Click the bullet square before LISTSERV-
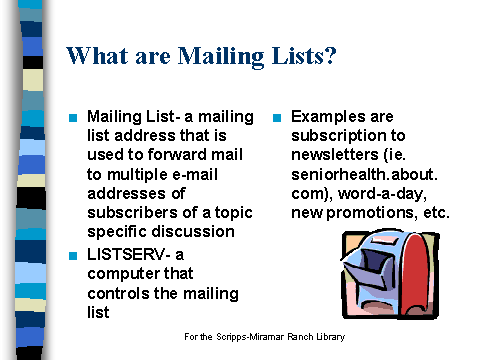(x=73, y=255)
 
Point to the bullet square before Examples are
(x=277, y=117)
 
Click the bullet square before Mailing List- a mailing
(x=73, y=117)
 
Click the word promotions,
(x=368, y=212)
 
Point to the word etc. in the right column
(x=434, y=212)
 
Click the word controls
(x=117, y=293)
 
